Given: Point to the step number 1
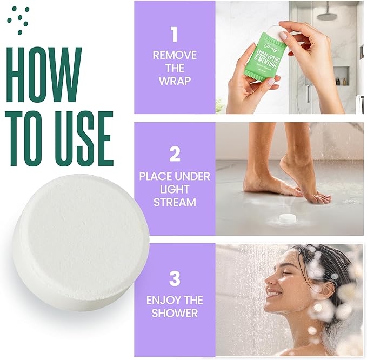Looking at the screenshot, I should tap(174, 34).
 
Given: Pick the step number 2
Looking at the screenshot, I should tap(174, 154).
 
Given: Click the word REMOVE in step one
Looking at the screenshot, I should tap(174, 55).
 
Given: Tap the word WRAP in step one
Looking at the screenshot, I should tap(174, 81).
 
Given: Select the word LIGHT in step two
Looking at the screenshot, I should tap(174, 189).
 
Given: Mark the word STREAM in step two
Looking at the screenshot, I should tap(174, 203).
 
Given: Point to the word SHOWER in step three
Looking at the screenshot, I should tap(174, 314).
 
